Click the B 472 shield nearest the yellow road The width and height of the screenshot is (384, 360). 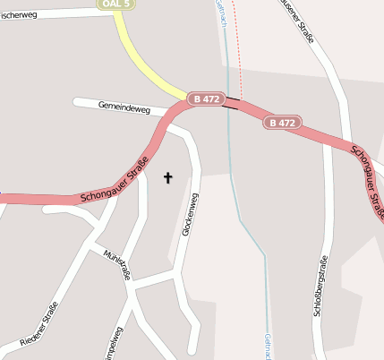[x=205, y=99]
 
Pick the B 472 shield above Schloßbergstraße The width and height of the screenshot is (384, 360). [x=281, y=122]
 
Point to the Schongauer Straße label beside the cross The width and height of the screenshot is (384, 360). [x=114, y=184]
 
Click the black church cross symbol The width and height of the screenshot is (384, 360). [x=167, y=178]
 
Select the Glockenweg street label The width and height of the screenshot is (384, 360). [x=189, y=215]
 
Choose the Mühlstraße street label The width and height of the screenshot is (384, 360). [x=116, y=265]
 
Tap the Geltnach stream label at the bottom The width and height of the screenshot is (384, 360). [x=267, y=346]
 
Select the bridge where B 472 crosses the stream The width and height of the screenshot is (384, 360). [x=231, y=103]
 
